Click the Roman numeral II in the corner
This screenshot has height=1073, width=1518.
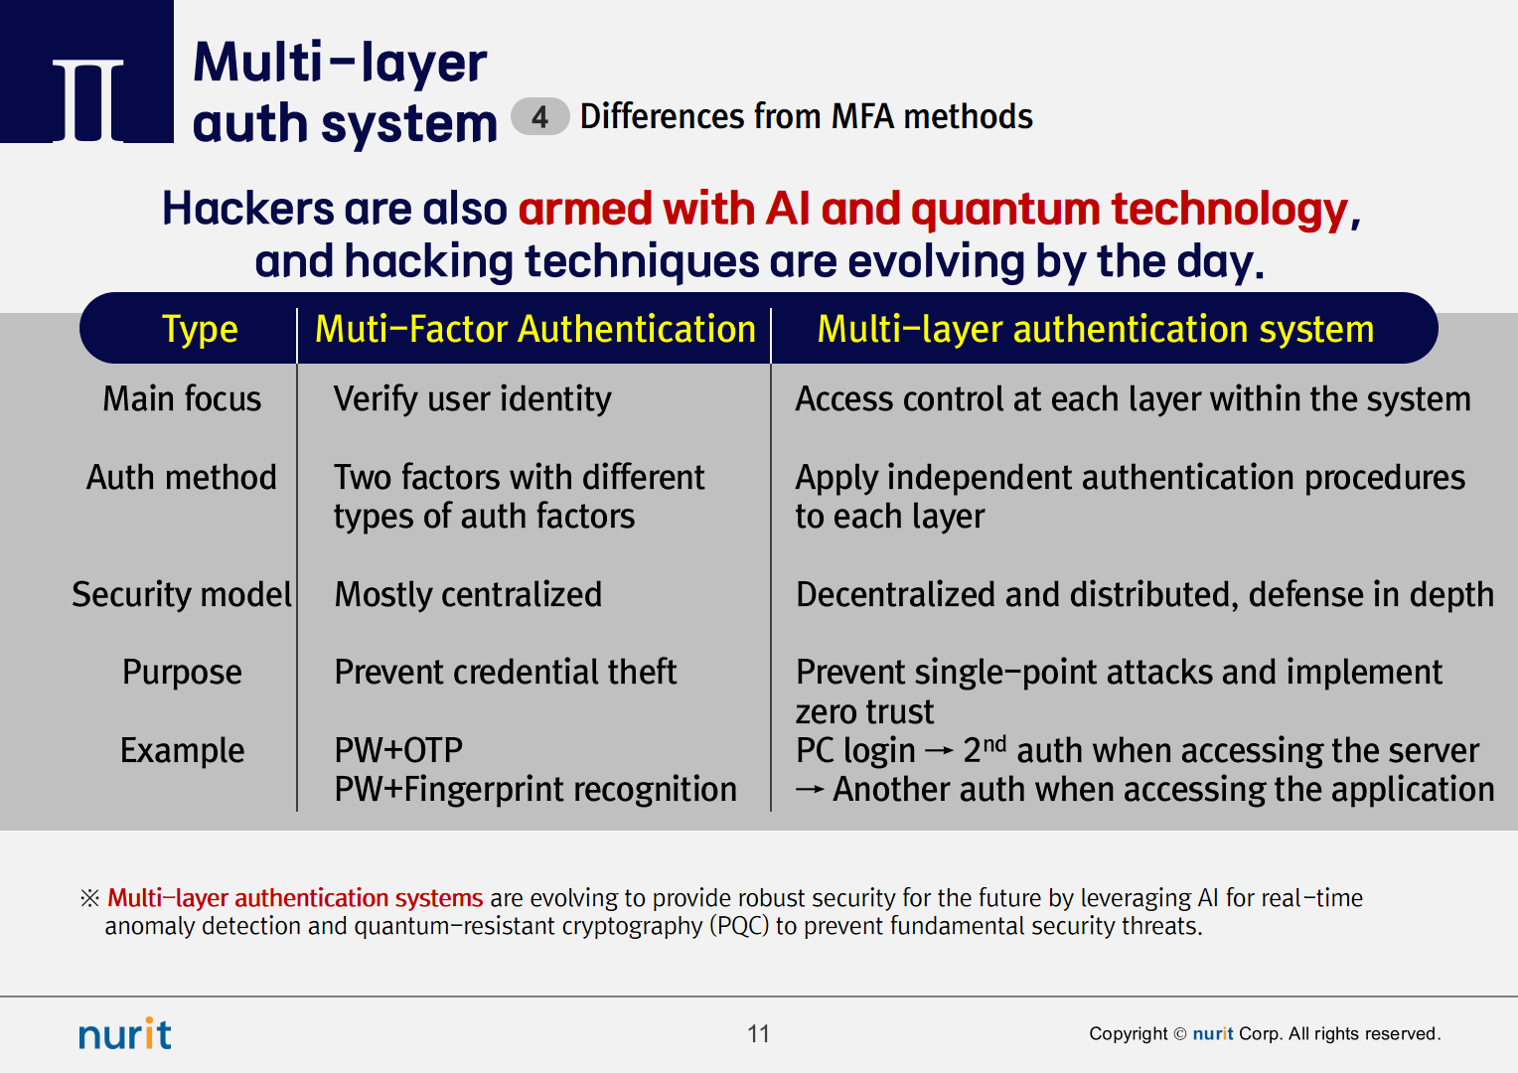pos(88,100)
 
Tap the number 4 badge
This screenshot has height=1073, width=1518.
pos(539,116)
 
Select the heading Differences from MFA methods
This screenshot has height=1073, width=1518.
pos(807,116)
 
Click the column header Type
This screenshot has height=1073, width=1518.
pos(200,330)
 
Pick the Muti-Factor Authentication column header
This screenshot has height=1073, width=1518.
pos(535,329)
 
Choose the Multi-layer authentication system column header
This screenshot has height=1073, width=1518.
pos(1096,330)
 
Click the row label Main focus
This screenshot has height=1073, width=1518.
pos(182,398)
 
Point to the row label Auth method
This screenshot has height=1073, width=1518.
pos(182,477)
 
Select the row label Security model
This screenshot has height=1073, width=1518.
pos(182,594)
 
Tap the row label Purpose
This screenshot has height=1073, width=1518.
pos(182,673)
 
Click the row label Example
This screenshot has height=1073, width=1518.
pos(182,751)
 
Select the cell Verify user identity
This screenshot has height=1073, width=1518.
pos(472,399)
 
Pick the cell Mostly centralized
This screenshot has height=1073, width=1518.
pos(468,594)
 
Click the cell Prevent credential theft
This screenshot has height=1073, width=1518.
pos(505,673)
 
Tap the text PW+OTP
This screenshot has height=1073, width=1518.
pos(398,750)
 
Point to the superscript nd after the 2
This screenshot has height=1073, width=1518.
pos(994,743)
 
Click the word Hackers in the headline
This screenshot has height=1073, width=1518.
pos(247,208)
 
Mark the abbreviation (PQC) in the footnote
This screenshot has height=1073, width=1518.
pos(739,926)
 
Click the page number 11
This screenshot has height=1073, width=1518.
pos(758,1033)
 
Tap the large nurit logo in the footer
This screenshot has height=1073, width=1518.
pos(125,1033)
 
